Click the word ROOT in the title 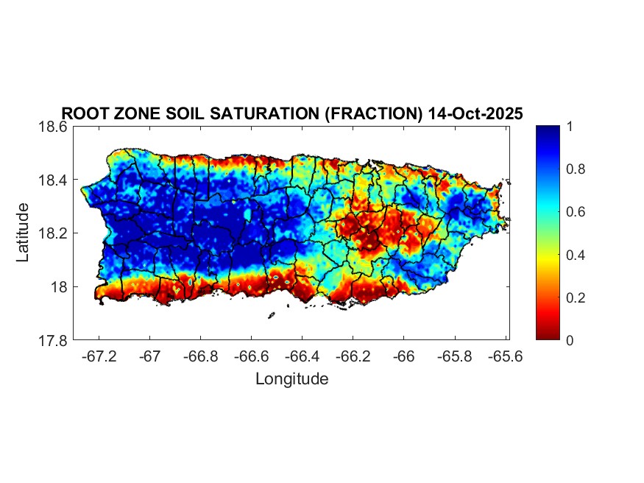click(82, 114)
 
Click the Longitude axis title click(291, 379)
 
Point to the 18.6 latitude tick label click(54, 127)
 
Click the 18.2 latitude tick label click(54, 233)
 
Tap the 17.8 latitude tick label click(54, 340)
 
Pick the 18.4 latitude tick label click(54, 180)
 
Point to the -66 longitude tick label click(403, 356)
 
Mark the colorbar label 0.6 click(572, 212)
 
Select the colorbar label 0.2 click(572, 297)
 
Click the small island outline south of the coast click(271, 315)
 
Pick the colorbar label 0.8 click(572, 169)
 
